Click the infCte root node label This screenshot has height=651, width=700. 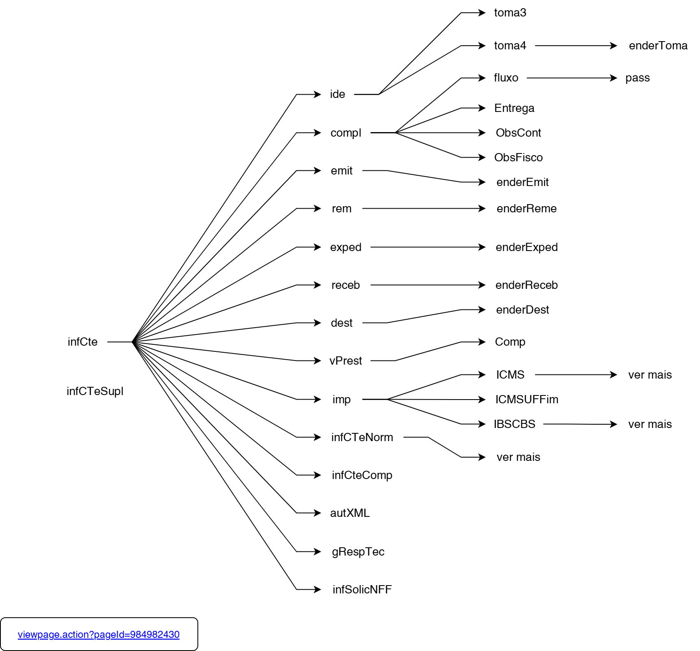click(82, 342)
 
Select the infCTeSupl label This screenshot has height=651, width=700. click(95, 391)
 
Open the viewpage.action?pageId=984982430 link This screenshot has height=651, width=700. click(99, 635)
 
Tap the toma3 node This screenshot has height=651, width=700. click(510, 13)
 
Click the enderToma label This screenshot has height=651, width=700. click(658, 46)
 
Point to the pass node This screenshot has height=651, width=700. click(637, 78)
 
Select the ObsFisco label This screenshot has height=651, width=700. click(518, 158)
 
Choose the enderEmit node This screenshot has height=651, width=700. click(522, 182)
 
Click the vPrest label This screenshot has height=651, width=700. click(345, 361)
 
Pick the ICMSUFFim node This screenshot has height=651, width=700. click(526, 400)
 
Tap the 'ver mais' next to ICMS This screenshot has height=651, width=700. click(650, 375)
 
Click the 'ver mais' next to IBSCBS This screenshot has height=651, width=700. click(650, 424)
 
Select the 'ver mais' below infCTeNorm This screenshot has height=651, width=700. click(518, 457)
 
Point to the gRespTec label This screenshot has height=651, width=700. click(358, 552)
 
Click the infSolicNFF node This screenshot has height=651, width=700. click(362, 590)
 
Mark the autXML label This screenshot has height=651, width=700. click(350, 513)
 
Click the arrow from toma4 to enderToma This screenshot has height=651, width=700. click(576, 46)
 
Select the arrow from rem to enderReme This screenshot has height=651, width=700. click(424, 209)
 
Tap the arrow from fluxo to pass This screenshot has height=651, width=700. click(572, 78)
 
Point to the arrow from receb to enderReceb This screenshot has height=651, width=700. click(428, 285)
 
